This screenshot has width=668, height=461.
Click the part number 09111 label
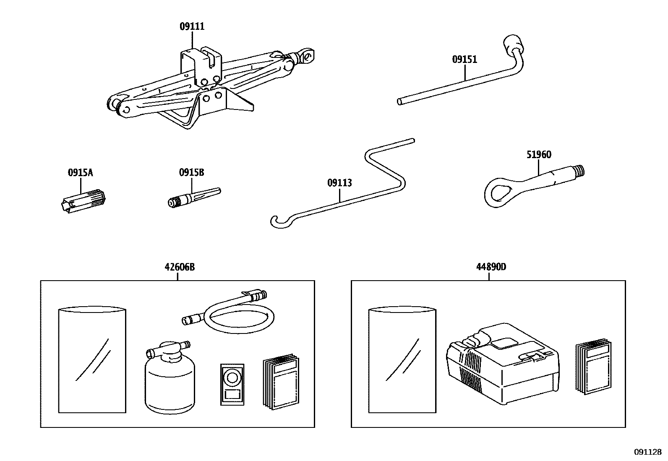192,26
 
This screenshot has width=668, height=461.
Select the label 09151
464,60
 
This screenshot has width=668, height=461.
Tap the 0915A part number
80,172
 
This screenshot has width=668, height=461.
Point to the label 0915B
191,172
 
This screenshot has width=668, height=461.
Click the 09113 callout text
339,183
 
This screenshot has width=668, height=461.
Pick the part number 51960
539,155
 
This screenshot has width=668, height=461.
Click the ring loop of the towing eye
498,192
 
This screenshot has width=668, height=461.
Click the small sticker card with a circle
232,384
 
